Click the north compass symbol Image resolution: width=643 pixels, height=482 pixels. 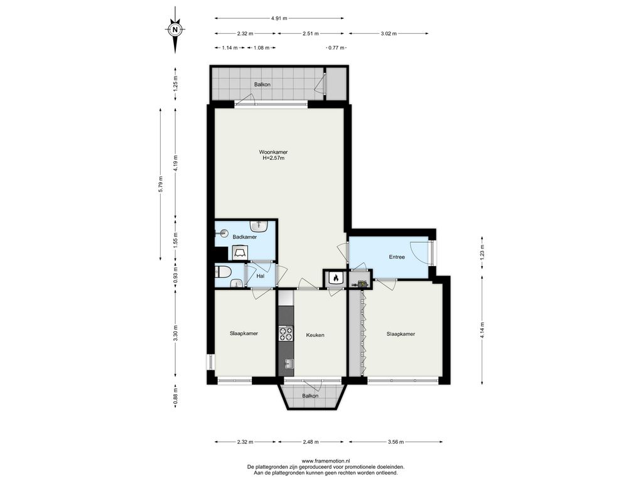pyautogui.click(x=175, y=29)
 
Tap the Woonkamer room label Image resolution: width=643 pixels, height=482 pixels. pyautogui.click(x=273, y=152)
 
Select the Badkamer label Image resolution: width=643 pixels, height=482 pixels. pyautogui.click(x=245, y=237)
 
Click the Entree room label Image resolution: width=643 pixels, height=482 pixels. pyautogui.click(x=397, y=257)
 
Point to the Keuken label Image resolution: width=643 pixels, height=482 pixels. pyautogui.click(x=315, y=335)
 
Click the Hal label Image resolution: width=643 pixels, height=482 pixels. pyautogui.click(x=261, y=276)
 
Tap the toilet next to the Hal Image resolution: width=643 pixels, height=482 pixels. pyautogui.click(x=223, y=271)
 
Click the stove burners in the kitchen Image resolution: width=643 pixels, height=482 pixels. pyautogui.click(x=286, y=334)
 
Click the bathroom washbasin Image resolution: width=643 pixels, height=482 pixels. pyautogui.click(x=259, y=225)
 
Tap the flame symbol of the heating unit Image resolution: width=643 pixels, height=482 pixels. pyautogui.click(x=335, y=278)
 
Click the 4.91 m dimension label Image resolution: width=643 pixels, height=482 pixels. pyautogui.click(x=279, y=18)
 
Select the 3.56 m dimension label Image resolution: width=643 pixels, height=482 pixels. pyautogui.click(x=396, y=442)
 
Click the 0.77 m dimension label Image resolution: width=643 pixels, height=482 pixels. pyautogui.click(x=337, y=48)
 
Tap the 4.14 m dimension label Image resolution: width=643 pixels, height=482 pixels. pyautogui.click(x=482, y=330)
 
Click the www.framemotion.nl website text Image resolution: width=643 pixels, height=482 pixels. pyautogui.click(x=326, y=461)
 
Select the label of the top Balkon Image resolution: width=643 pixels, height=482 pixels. pyautogui.click(x=262, y=85)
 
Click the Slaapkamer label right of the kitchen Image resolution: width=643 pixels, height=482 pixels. pyautogui.click(x=401, y=334)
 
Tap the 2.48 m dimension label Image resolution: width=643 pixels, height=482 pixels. pyautogui.click(x=310, y=442)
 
